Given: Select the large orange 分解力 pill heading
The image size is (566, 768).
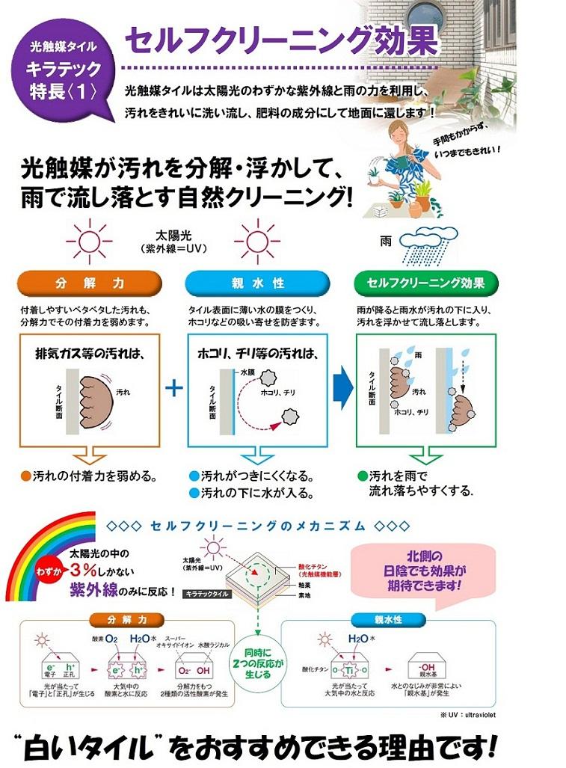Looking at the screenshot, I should (x=89, y=284).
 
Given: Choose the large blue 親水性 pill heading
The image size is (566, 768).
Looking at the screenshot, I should (x=257, y=284).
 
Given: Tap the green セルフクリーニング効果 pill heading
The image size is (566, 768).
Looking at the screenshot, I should (x=425, y=284).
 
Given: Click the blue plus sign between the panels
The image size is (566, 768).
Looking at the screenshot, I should (x=173, y=389).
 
